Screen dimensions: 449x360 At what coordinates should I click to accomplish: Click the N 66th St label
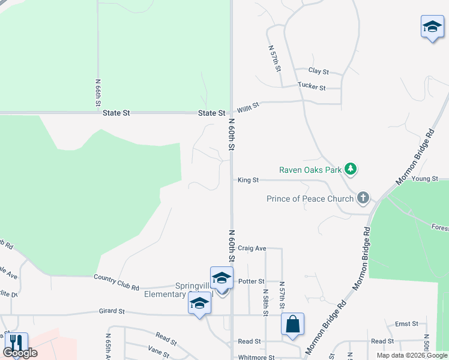(x=98, y=93)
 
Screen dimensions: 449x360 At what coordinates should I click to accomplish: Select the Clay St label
(x=319, y=71)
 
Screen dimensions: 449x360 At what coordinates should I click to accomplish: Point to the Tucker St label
(x=312, y=87)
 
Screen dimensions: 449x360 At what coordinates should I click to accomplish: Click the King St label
(x=248, y=180)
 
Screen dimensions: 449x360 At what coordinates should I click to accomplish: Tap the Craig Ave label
(x=252, y=248)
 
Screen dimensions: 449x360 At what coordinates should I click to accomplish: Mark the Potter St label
(x=252, y=281)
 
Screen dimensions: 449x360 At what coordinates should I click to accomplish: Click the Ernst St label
(x=406, y=324)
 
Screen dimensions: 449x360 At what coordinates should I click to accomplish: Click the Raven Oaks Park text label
(x=310, y=170)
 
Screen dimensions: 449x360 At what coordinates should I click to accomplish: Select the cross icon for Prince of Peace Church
(x=363, y=197)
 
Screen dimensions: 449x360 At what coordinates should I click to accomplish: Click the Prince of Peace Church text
(x=310, y=198)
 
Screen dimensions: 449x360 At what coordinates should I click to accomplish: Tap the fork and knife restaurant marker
(x=16, y=343)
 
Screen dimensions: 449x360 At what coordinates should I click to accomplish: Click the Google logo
(x=20, y=353)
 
